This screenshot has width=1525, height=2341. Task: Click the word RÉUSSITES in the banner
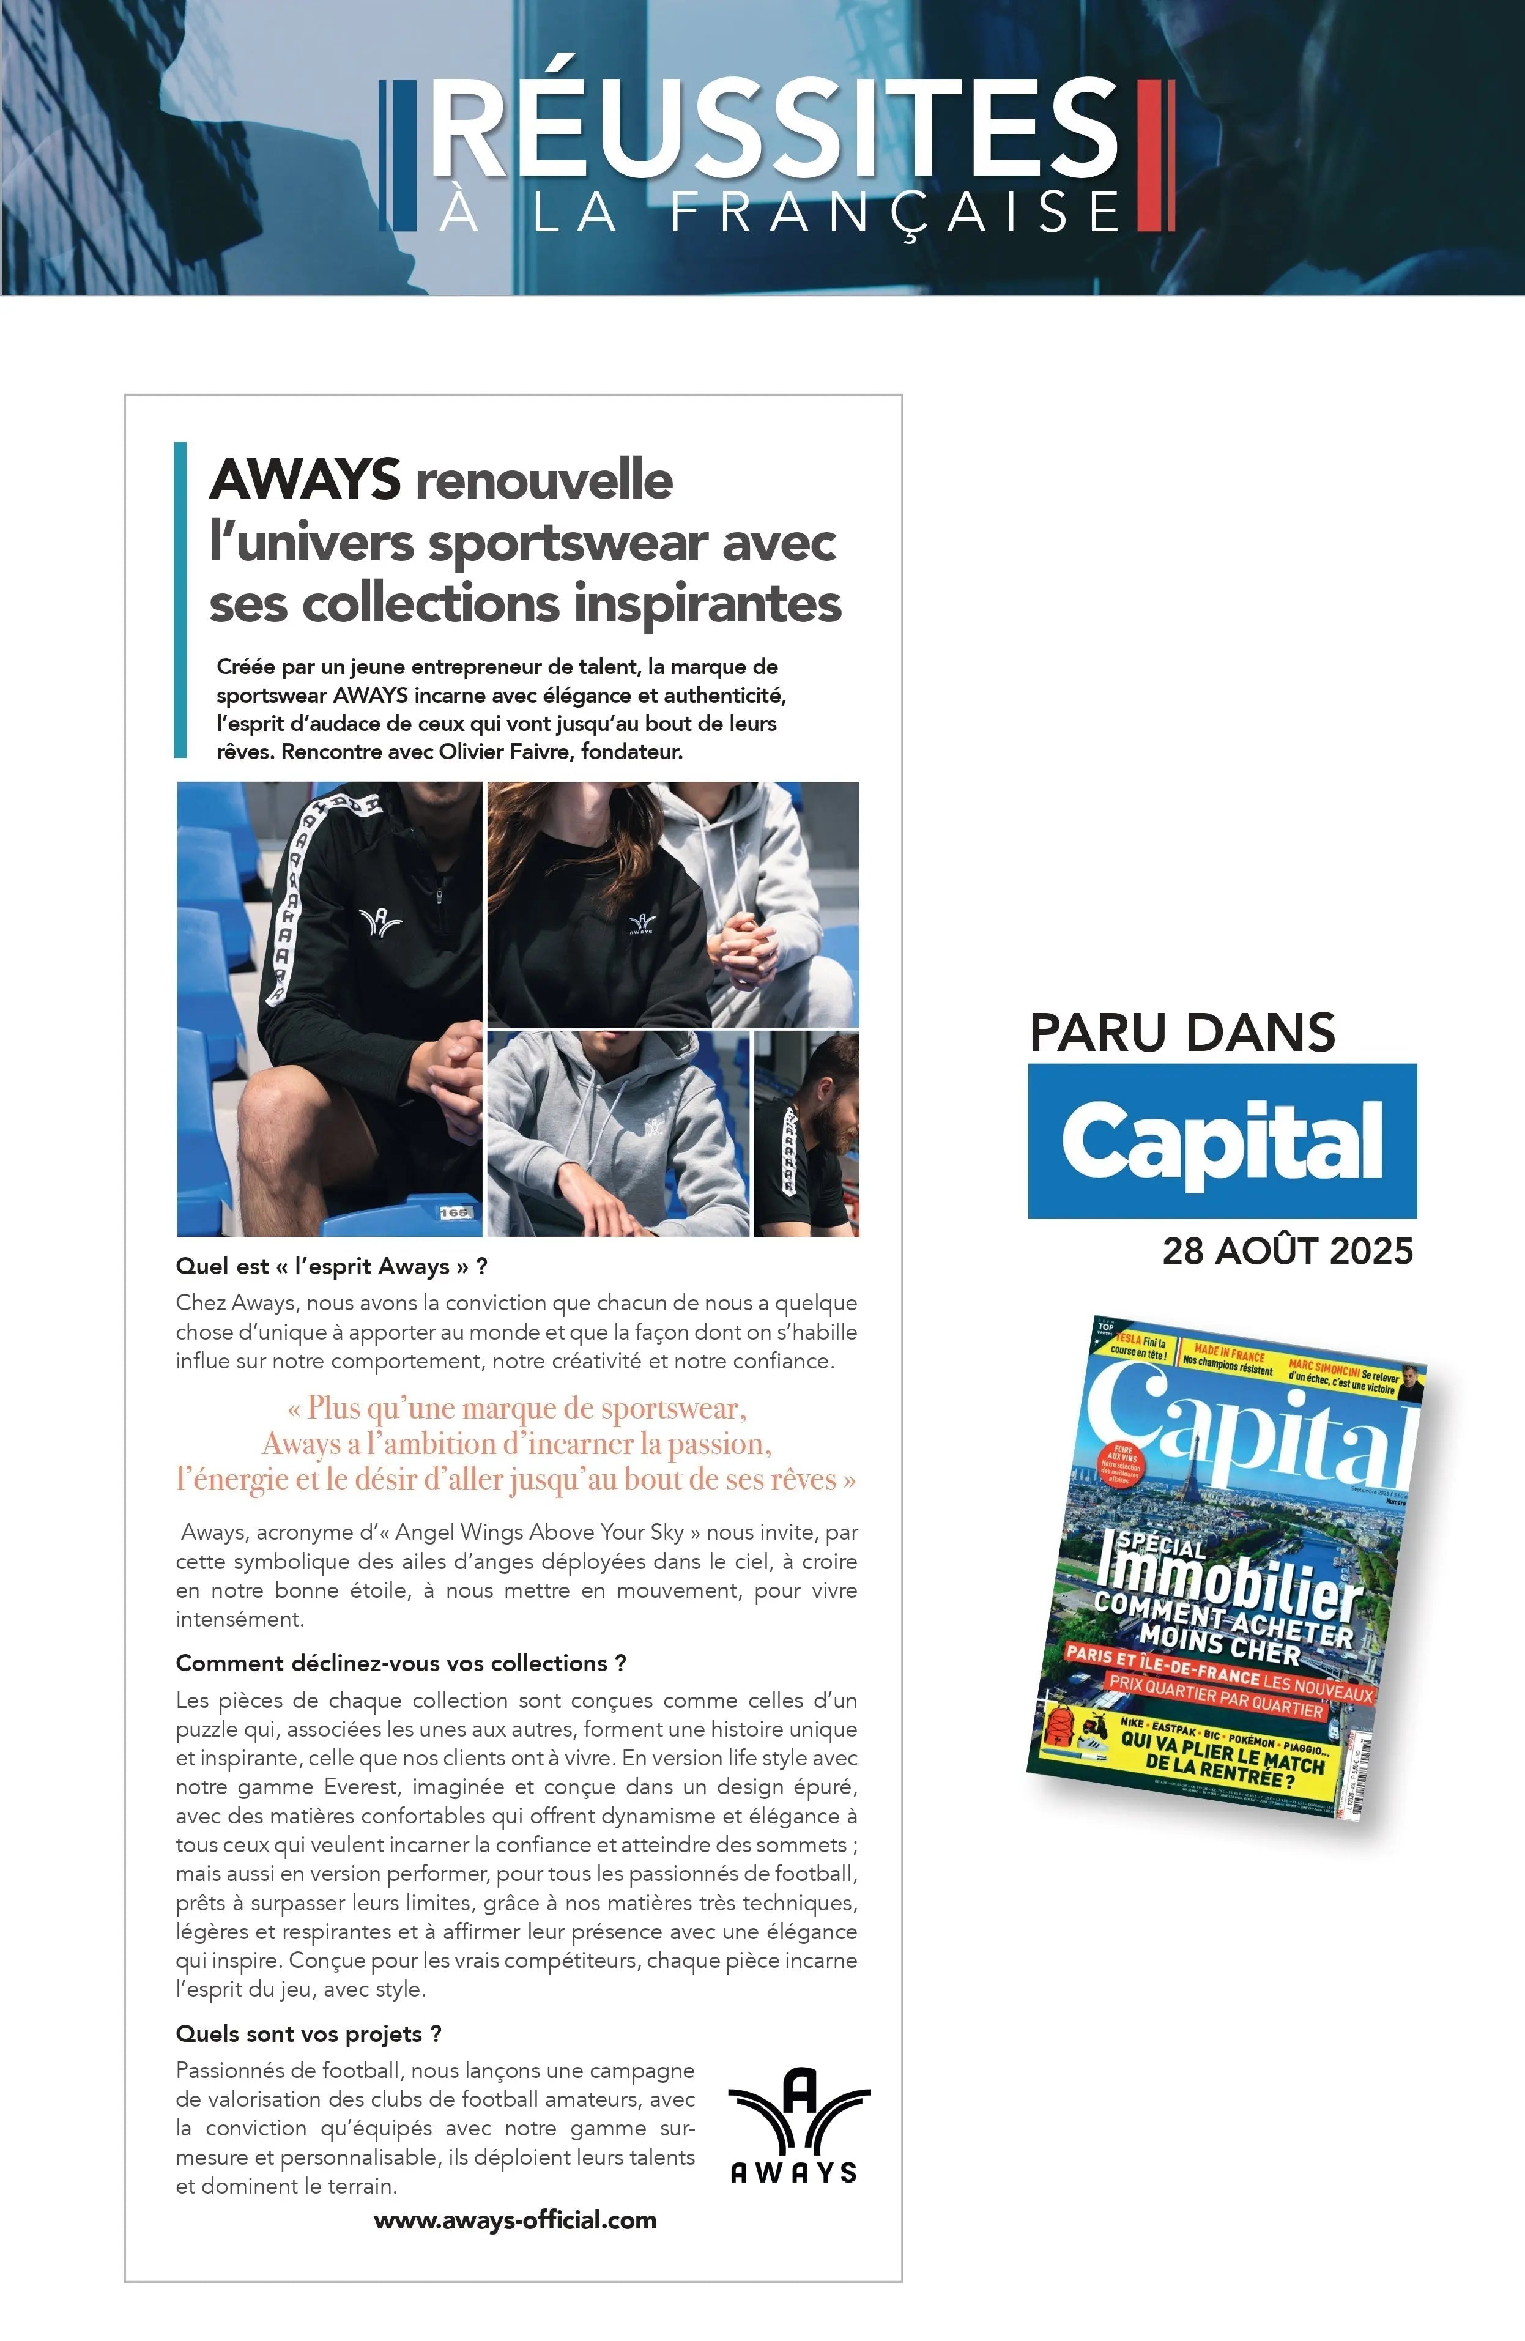click(x=773, y=131)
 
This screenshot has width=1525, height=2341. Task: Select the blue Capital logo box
click(x=1222, y=1140)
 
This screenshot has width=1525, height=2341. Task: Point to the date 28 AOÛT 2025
click(x=1287, y=1251)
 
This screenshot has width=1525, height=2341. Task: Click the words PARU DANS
click(x=1182, y=1033)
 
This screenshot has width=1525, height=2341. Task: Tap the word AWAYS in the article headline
click(x=305, y=481)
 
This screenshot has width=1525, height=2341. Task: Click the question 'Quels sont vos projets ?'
click(x=308, y=2033)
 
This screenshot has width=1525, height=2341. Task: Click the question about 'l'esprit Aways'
click(x=332, y=1266)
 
